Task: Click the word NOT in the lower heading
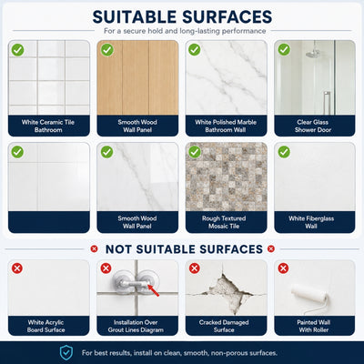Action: click(118, 249)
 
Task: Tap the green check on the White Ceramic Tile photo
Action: click(17, 50)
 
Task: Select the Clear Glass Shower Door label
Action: click(313, 126)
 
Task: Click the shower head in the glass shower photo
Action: click(313, 54)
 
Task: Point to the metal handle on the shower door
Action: click(327, 103)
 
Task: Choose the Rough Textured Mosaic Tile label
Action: click(224, 222)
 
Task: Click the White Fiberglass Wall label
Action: click(311, 222)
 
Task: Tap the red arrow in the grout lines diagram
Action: click(154, 290)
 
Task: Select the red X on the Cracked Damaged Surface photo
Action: click(195, 268)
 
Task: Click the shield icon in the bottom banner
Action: click(66, 353)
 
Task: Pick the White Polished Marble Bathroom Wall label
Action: click(226, 126)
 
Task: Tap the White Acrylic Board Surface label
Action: click(45, 326)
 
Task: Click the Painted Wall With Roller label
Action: click(314, 326)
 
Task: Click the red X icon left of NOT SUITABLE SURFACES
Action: click(94, 249)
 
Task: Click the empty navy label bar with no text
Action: click(49, 222)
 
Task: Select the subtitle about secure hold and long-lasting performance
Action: click(185, 31)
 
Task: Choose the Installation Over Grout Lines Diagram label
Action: click(136, 326)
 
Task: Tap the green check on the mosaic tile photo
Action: click(195, 152)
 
